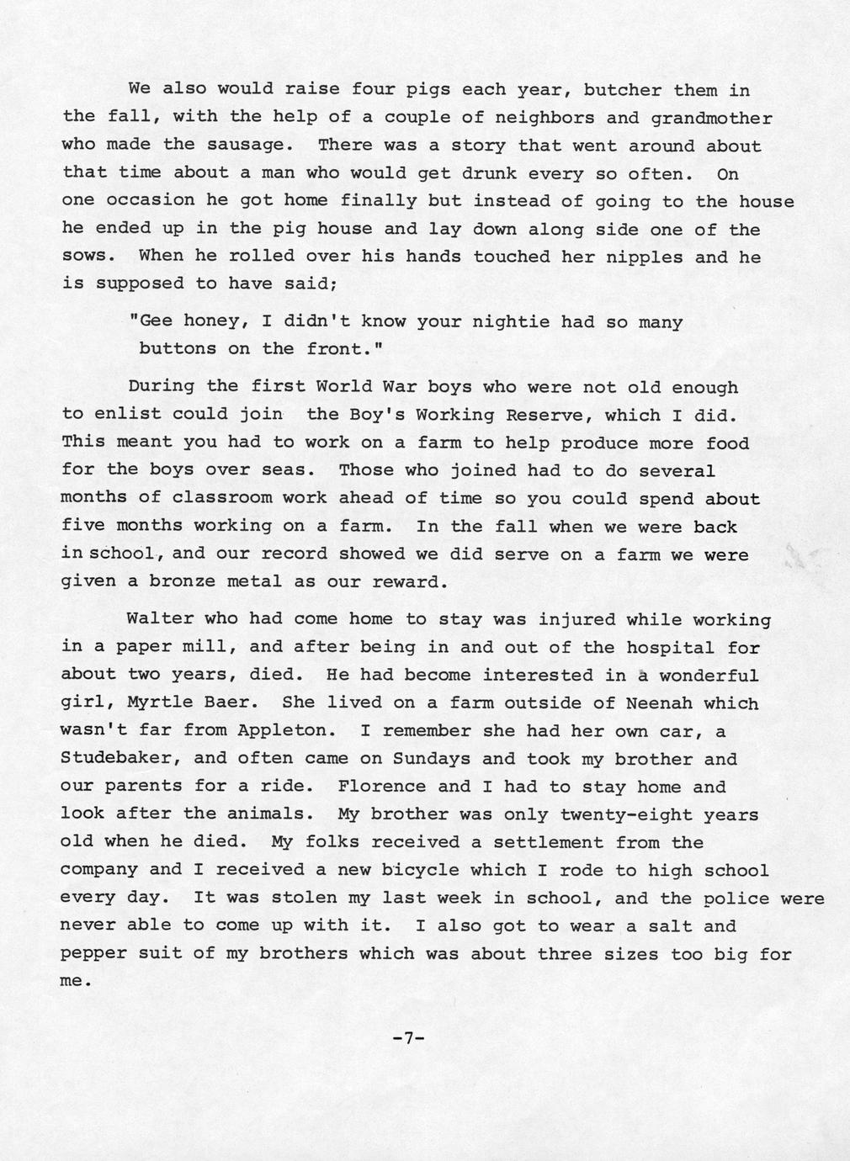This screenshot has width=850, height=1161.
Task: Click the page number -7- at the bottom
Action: [408, 1038]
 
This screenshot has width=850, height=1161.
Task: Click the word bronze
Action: [183, 581]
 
